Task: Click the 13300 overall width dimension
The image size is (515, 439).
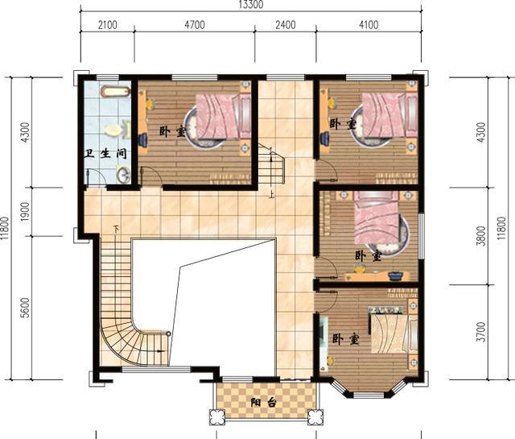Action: (247, 5)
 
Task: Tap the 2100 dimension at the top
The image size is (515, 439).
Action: (107, 25)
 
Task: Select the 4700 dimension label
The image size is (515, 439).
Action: (195, 25)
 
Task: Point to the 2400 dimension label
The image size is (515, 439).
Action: (286, 25)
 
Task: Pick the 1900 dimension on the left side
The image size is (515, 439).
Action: (25, 213)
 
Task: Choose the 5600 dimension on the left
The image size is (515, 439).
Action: (25, 308)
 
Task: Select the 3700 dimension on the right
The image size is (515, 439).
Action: (481, 332)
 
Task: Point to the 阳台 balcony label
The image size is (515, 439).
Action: (261, 403)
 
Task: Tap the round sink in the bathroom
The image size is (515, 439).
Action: (122, 173)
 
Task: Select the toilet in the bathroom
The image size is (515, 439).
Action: (115, 129)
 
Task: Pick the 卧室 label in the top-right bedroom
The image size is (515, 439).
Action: (342, 124)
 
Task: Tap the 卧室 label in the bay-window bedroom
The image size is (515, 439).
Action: (344, 340)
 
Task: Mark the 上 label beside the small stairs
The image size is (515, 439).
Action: (272, 193)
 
